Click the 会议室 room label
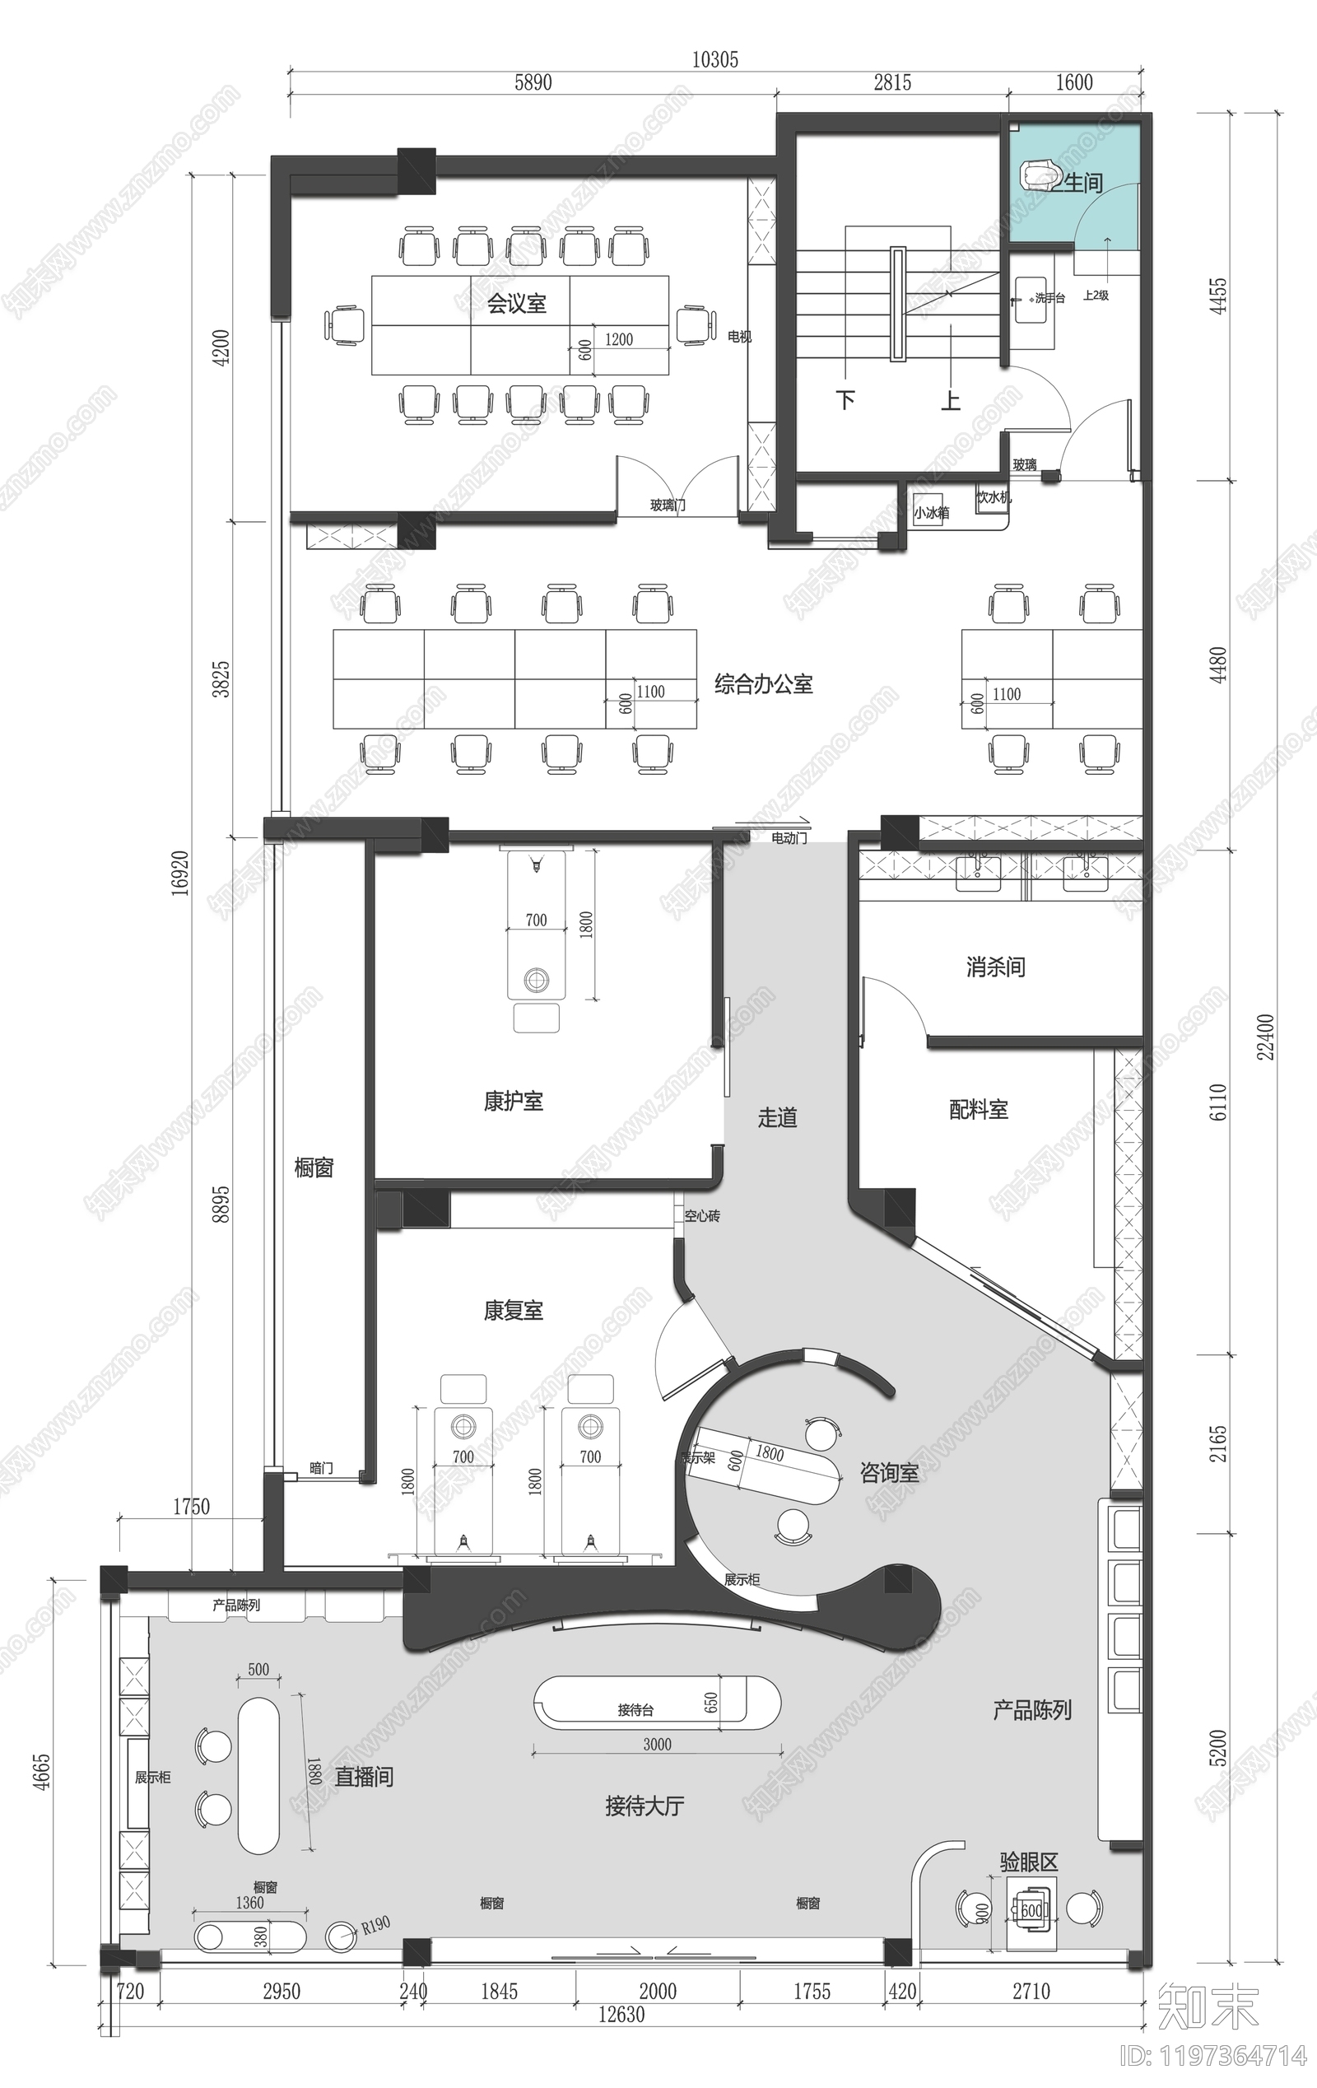516,304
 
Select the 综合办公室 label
763,684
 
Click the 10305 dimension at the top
714,59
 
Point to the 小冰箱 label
931,512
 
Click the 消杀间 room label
995,967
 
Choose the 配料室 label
978,1109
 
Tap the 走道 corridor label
777,1118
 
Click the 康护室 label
514,1102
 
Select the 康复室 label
514,1310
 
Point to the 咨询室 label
889,1473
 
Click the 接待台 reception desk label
635,1710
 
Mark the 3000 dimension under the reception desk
656,1745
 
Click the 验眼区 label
1028,1862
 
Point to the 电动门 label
789,838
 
